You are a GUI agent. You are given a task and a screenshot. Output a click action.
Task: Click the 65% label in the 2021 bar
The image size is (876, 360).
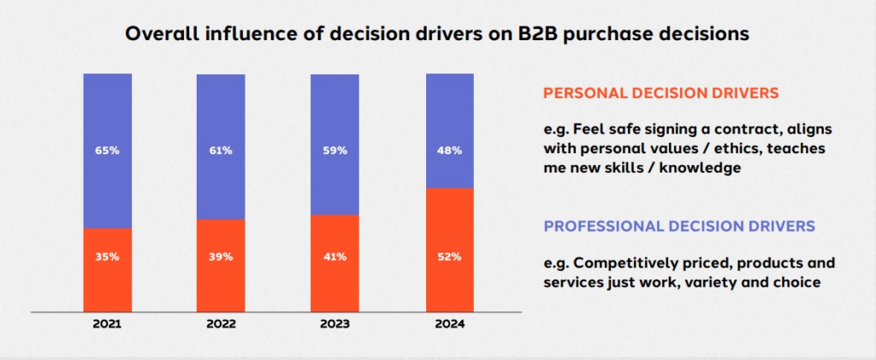107,150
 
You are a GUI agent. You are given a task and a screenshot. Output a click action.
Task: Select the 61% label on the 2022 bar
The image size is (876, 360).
221,150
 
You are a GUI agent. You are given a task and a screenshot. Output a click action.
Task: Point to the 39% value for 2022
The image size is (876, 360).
221,257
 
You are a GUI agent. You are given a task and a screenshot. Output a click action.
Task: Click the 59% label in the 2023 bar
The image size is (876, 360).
334,150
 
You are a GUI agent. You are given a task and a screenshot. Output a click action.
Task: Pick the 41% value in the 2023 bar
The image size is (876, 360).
334,257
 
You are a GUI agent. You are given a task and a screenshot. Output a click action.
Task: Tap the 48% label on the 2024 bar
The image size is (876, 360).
449,150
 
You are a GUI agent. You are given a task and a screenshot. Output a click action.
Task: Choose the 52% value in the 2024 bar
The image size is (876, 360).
449,257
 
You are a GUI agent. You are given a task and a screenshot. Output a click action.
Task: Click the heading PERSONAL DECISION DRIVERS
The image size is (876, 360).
673,92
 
